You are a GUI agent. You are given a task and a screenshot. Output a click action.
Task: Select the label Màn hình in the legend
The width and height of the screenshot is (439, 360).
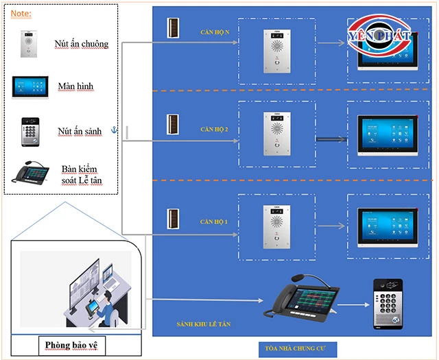pos(75,87)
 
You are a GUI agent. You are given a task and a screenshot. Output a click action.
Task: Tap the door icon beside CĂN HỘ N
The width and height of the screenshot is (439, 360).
pos(174,27)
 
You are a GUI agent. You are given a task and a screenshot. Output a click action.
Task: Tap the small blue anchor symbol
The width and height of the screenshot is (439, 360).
pos(115,129)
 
